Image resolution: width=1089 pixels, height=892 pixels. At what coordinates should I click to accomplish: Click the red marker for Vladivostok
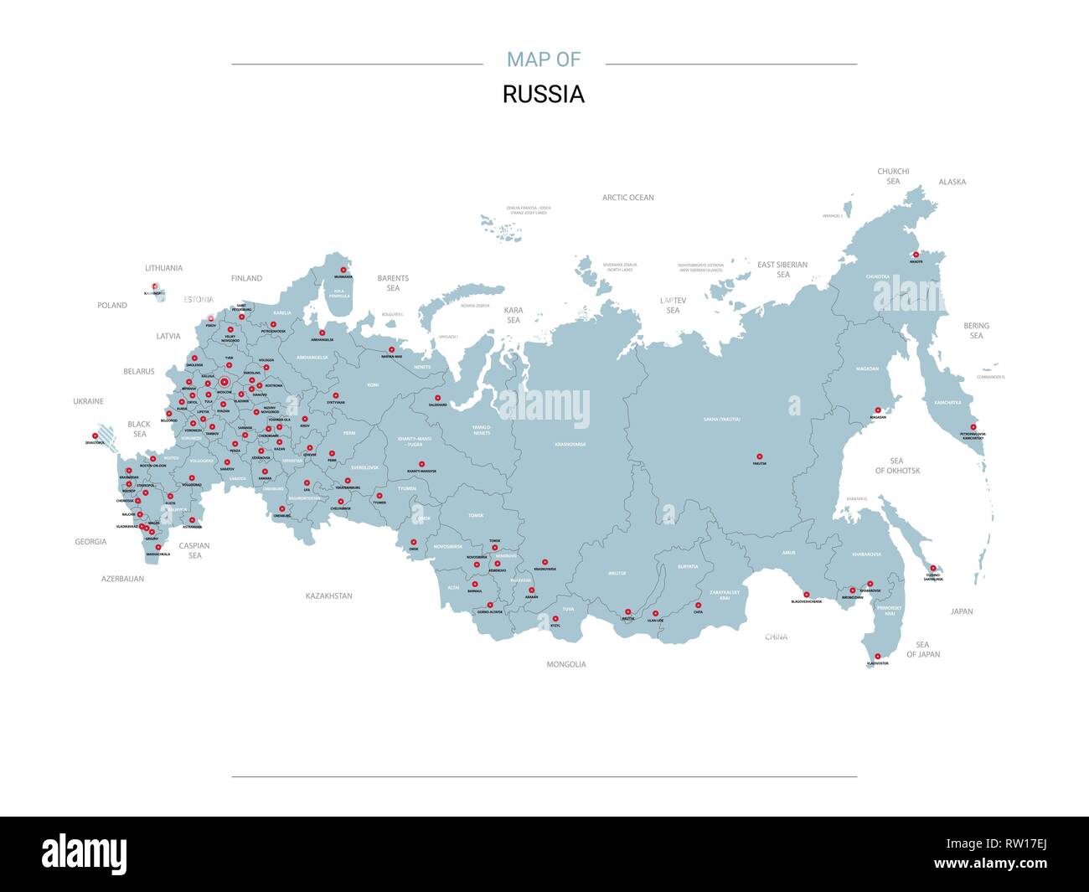(878, 657)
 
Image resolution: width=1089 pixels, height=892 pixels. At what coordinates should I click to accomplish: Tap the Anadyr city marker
(916, 255)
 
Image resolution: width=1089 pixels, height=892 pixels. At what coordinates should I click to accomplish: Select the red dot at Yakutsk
(760, 456)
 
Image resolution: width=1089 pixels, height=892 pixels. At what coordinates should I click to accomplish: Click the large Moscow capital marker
(225, 384)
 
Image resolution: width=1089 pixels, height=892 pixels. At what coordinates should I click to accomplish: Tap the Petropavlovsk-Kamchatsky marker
(973, 426)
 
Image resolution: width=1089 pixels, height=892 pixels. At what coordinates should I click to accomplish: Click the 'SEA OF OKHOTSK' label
(897, 466)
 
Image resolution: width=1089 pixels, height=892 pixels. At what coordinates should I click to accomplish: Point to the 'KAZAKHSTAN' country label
(329, 596)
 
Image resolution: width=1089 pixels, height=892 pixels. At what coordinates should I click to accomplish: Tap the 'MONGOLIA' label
(566, 664)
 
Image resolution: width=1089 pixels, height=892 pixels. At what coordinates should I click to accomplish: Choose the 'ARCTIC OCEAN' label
(627, 198)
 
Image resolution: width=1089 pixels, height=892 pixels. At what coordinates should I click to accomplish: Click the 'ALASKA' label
(952, 182)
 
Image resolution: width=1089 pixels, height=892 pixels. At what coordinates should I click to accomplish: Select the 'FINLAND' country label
(246, 278)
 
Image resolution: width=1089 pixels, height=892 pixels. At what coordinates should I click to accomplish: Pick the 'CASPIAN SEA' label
(194, 550)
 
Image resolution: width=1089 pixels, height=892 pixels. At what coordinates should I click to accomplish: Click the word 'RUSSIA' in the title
(543, 95)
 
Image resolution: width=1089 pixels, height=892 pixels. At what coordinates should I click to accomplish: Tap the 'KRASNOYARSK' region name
(570, 444)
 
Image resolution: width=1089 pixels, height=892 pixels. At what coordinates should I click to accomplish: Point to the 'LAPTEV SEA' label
(673, 305)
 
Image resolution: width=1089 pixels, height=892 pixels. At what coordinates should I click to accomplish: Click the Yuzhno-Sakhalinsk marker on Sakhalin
(932, 568)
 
